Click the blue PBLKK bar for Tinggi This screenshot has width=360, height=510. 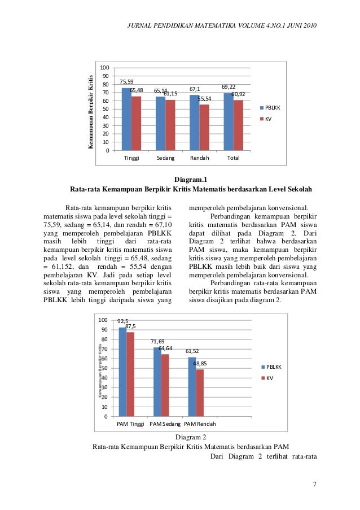point(126,119)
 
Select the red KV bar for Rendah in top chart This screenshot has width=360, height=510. point(204,127)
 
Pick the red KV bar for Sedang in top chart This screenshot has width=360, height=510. point(170,124)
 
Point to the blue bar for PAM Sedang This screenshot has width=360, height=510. point(157,382)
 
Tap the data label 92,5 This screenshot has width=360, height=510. point(123,321)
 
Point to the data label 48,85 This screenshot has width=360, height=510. point(200,364)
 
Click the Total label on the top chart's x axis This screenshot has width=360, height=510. point(232,158)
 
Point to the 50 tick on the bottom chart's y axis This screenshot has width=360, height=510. point(103,368)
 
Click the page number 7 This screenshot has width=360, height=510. point(315,485)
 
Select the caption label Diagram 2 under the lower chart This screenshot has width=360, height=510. point(191,437)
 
